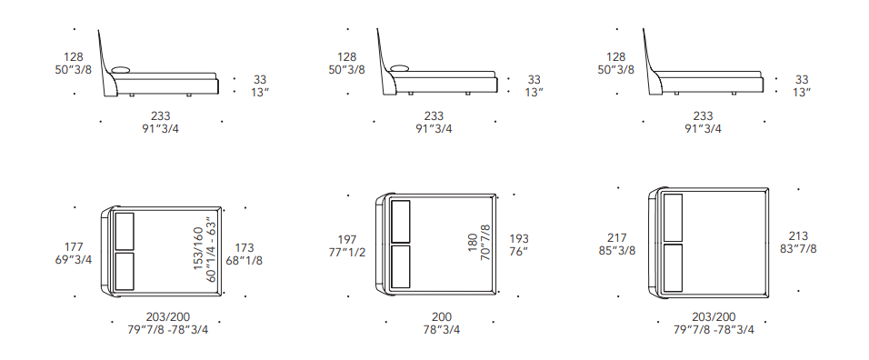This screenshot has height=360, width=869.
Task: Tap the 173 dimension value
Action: click(x=245, y=247)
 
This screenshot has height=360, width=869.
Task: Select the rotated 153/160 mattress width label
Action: click(x=199, y=249)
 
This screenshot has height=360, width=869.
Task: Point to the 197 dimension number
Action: click(x=347, y=240)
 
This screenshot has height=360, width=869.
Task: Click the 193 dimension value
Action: click(x=519, y=239)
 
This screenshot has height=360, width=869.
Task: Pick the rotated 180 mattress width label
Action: click(x=473, y=243)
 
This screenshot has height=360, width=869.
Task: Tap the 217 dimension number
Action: click(x=617, y=237)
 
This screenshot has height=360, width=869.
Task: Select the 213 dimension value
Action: click(x=798, y=236)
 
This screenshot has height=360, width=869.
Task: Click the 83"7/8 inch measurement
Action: click(x=798, y=249)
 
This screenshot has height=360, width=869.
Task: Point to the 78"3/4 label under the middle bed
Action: click(x=442, y=329)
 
